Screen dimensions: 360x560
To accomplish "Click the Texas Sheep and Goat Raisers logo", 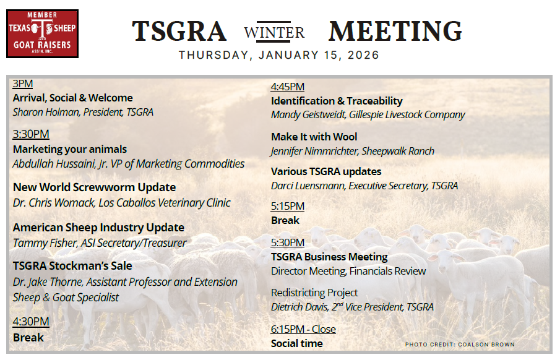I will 42,33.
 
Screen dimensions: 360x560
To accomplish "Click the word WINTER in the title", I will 275,32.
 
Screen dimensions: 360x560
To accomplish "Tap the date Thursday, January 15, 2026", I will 279,55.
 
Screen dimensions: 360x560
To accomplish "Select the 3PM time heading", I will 23,84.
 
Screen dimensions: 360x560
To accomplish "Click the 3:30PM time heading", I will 31,134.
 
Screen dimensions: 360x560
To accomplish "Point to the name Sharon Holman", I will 45,112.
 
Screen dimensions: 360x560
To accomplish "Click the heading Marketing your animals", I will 70,149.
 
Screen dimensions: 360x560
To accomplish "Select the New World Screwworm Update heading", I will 94,187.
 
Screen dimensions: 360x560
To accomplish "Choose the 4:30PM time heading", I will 31,322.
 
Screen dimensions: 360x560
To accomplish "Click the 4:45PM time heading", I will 288,87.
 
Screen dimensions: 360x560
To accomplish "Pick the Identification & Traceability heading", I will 337,101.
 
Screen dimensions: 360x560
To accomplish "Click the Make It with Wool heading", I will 314,137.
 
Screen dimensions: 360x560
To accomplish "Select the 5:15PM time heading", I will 288,206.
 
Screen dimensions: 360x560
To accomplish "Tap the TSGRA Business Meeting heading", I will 329,257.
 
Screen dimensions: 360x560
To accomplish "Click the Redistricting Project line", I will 314,293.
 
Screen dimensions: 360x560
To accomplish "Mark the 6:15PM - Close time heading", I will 303,329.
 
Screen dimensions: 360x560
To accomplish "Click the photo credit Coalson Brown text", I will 460,345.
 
